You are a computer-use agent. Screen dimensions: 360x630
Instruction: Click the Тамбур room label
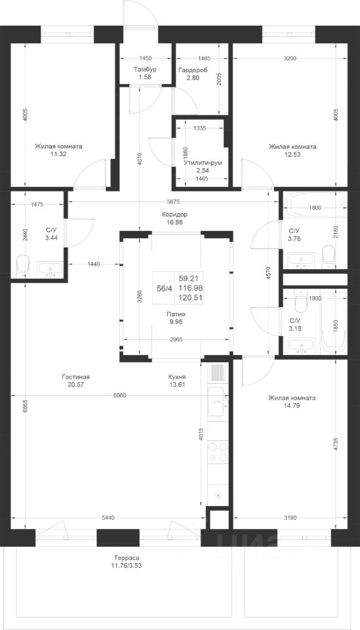[145, 70]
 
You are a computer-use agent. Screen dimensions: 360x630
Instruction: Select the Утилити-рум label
[203, 163]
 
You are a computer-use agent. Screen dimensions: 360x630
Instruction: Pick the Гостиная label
[76, 377]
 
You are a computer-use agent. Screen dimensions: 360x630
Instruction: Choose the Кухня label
[177, 377]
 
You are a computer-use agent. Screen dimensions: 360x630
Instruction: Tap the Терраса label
[127, 558]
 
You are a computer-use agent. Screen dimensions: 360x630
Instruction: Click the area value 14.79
[292, 406]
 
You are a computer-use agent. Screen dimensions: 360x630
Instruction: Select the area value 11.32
[58, 154]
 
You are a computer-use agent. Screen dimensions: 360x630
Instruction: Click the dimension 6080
[119, 395]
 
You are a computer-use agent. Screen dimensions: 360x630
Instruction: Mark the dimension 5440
[108, 518]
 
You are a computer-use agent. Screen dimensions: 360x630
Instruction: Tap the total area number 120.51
[191, 298]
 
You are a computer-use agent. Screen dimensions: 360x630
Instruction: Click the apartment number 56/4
[163, 287]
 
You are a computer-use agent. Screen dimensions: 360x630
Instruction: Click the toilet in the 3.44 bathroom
[23, 265]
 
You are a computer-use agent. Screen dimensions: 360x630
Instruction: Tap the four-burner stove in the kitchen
[218, 451]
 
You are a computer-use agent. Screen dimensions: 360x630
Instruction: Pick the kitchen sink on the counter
[218, 403]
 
